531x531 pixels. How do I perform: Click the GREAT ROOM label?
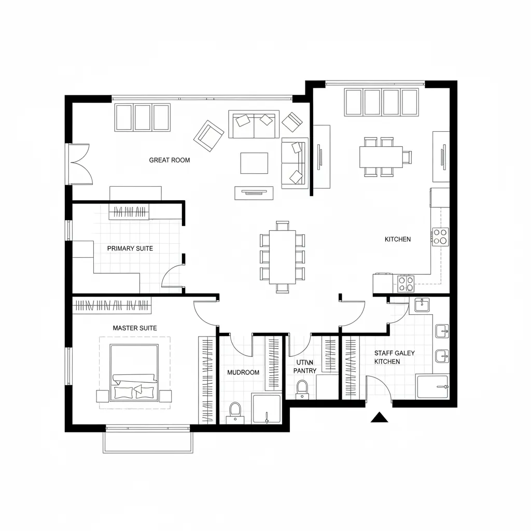[170, 160]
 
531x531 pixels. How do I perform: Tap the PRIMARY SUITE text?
[130, 248]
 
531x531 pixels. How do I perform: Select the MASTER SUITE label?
[135, 328]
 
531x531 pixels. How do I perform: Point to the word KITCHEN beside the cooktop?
[398, 239]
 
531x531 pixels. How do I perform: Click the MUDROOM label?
[243, 372]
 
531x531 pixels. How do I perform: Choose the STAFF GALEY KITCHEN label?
[395, 357]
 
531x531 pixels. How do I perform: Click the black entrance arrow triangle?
[380, 417]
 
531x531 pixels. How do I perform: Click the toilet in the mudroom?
[235, 411]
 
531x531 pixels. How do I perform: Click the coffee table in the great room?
[254, 163]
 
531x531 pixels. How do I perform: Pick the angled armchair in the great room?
[209, 136]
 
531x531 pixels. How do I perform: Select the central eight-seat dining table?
[282, 257]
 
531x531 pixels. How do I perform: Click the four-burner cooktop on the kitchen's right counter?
[440, 236]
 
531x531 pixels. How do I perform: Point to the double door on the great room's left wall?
[80, 164]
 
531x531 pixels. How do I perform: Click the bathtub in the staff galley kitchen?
[432, 387]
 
